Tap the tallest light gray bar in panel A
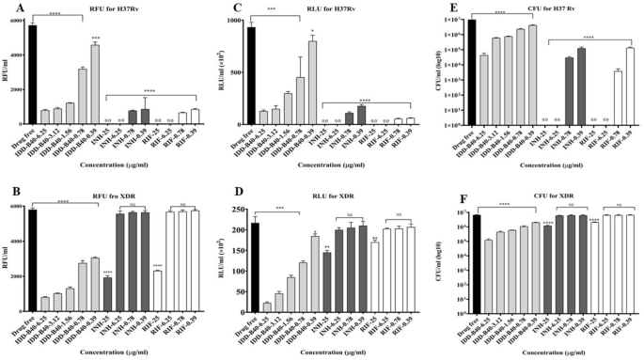pos(95,84)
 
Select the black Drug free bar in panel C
pos(250,75)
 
